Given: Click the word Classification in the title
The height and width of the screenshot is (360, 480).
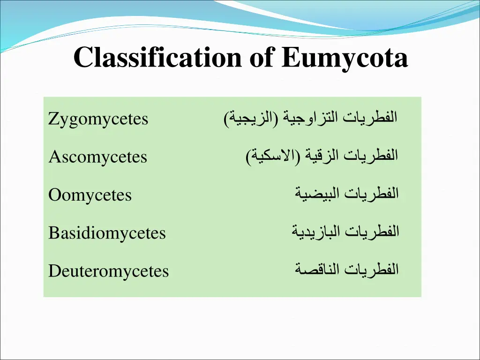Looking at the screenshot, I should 157,58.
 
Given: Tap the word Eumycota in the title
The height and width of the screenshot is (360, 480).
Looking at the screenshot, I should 345,59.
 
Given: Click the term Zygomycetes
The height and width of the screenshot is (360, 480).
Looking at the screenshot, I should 98,120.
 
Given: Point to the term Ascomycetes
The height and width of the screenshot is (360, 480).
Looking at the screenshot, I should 98,157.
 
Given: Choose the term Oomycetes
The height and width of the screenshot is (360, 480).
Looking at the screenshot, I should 90,195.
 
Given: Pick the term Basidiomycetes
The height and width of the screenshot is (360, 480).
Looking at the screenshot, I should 107,233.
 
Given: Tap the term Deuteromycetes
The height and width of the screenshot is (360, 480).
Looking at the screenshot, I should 109,271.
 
